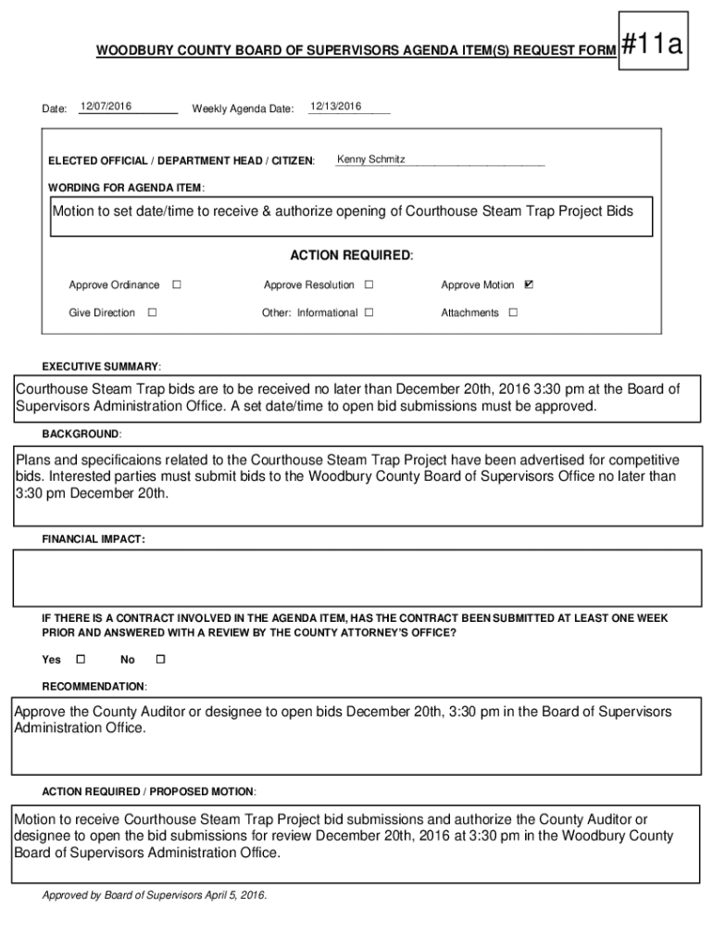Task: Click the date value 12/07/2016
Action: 106,107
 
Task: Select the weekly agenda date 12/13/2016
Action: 335,107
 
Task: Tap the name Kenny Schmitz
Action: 371,160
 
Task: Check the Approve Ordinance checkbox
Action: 176,285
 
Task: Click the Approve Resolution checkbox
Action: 369,285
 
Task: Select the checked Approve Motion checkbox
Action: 529,285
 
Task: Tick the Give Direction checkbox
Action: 152,312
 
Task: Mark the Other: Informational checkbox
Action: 369,312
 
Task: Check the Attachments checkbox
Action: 513,312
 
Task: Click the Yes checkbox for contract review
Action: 80,659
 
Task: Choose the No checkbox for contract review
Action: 159,659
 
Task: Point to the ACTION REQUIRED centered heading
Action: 352,255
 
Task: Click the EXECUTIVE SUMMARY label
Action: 101,366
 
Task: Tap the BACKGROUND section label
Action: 81,434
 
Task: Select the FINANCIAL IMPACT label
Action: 93,538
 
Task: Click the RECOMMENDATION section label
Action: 94,687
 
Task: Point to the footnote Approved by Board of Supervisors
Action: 155,895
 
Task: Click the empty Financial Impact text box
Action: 356,577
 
